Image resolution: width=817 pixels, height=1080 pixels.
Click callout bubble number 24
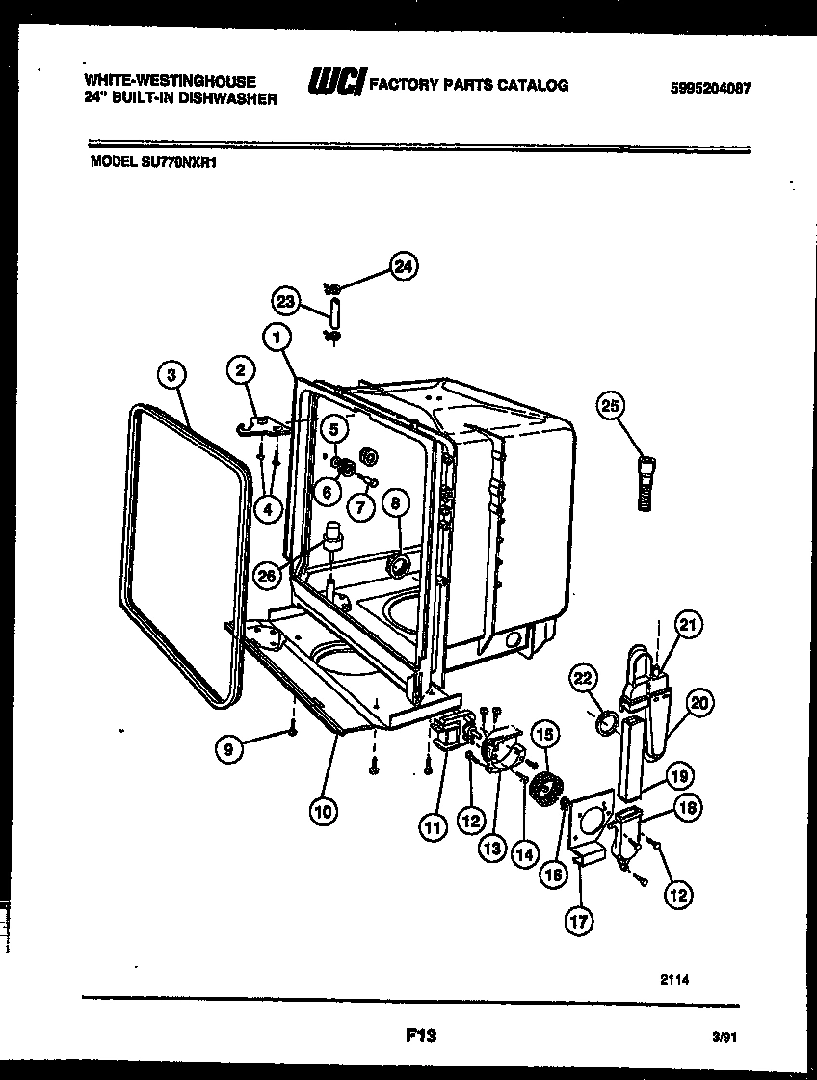(x=405, y=267)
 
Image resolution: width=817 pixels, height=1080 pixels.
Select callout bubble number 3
(x=171, y=375)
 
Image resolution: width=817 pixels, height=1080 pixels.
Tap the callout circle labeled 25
(x=609, y=405)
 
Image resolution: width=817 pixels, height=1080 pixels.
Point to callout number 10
(x=324, y=812)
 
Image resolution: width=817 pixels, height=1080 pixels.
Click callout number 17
(x=578, y=923)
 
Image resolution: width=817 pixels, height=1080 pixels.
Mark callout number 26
(x=270, y=575)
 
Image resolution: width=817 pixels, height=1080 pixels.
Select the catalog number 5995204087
(x=710, y=87)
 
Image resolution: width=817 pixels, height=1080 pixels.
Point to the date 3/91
(x=725, y=1039)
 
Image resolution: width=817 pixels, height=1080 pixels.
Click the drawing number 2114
(x=674, y=978)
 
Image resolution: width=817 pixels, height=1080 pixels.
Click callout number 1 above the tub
(x=277, y=337)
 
